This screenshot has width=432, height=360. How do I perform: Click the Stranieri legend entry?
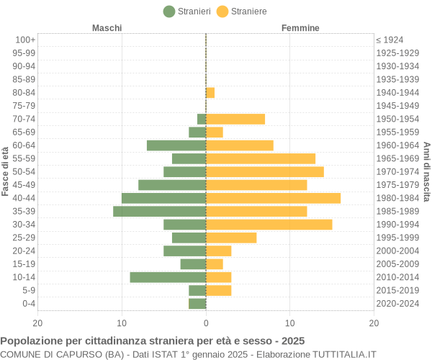187,12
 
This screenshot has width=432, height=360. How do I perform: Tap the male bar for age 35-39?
159,211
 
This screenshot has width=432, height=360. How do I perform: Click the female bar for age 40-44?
273,198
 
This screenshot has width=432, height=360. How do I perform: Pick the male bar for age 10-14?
168,277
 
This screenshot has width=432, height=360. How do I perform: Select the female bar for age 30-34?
269,225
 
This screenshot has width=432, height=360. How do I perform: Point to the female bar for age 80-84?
210,92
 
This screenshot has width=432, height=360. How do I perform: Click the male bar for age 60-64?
176,145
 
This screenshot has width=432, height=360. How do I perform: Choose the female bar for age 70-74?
235,119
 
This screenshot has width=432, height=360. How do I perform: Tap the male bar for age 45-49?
172,185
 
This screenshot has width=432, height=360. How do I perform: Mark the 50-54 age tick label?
24,171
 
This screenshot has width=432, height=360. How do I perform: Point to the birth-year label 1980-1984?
397,198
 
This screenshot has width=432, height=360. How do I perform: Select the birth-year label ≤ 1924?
390,40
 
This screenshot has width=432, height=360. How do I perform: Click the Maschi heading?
107,28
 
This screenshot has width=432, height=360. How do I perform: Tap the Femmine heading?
300,28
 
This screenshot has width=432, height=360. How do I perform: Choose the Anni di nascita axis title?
426,171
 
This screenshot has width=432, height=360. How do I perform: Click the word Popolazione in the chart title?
32,341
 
